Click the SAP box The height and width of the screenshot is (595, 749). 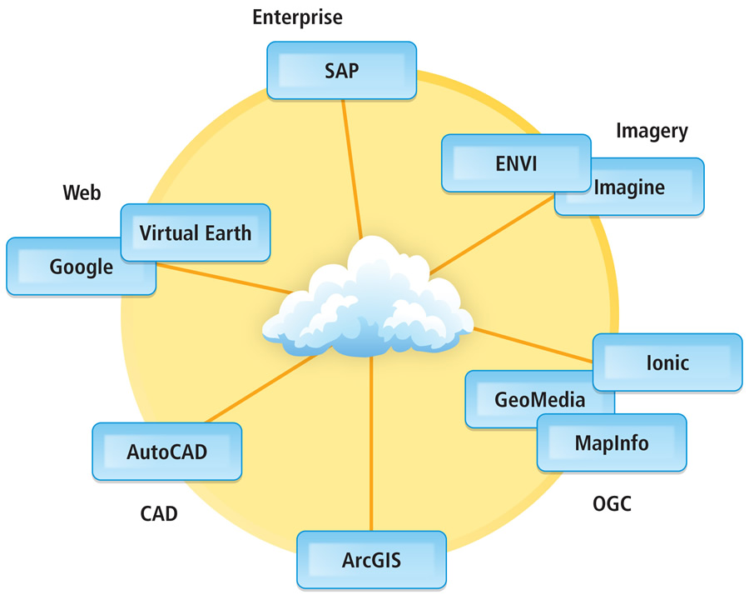tap(341, 70)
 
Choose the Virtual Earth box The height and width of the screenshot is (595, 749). tap(196, 232)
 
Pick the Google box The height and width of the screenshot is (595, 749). tap(81, 267)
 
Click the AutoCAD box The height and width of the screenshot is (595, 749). tap(166, 452)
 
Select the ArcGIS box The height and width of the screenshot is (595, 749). tap(371, 558)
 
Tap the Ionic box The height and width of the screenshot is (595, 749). tap(667, 362)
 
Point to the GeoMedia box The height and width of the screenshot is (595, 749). tap(528, 400)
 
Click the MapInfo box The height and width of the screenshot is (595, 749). tap(612, 442)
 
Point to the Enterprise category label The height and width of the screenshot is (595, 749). tap(298, 17)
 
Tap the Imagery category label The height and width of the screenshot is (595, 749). tap(652, 130)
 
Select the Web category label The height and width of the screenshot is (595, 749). tap(82, 193)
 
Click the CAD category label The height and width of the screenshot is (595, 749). tap(158, 513)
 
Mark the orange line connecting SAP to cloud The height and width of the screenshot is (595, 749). tap(353, 175)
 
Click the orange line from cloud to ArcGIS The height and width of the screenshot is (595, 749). tap(370, 442)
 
